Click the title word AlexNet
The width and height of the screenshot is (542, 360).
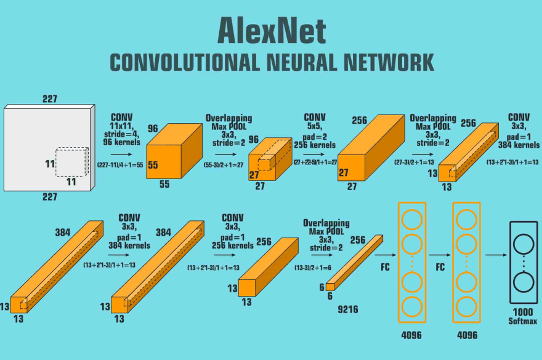(271, 30)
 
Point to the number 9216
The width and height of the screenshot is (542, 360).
(349, 310)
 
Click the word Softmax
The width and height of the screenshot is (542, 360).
(523, 321)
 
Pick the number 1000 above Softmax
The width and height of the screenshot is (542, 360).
(523, 311)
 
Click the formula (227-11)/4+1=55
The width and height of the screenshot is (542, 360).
(121, 164)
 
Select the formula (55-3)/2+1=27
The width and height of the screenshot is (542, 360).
(226, 164)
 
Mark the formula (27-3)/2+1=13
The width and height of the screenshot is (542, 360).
(416, 162)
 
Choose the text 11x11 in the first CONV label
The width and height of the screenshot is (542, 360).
(122, 125)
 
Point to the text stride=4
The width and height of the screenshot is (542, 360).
(122, 134)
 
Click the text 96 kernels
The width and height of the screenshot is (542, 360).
(122, 142)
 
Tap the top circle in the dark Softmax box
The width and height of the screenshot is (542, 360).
(524, 244)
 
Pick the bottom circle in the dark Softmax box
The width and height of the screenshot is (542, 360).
(524, 283)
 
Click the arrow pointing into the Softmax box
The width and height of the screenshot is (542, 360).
(496, 254)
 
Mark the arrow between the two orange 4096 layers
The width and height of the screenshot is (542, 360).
(440, 254)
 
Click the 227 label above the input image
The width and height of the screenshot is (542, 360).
(50, 98)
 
